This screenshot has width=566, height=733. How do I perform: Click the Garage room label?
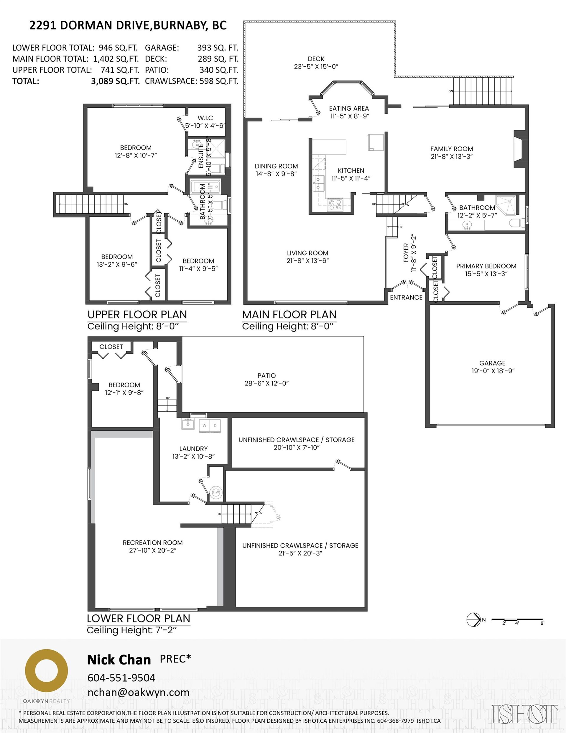tap(492, 363)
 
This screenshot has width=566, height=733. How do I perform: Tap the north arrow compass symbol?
tap(474, 619)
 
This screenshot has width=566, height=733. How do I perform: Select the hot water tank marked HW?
tap(216, 492)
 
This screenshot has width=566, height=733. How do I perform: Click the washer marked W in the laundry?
tap(204, 426)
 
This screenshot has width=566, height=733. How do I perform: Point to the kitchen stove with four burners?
tap(335, 204)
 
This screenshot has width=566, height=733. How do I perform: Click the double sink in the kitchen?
tap(319, 183)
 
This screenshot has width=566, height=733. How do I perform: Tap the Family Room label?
tap(452, 149)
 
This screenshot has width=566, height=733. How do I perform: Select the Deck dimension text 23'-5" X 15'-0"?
tap(316, 66)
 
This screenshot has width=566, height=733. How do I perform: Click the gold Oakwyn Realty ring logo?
tap(47, 670)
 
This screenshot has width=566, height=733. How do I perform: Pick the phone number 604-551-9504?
tap(121, 678)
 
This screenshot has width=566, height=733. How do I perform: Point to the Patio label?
tap(267, 375)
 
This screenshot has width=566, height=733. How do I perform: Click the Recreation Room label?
tap(153, 543)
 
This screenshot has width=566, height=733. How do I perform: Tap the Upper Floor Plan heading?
tap(137, 314)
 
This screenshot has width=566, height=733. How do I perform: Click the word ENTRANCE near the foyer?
tap(406, 297)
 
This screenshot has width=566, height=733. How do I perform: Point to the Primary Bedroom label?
tap(486, 266)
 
